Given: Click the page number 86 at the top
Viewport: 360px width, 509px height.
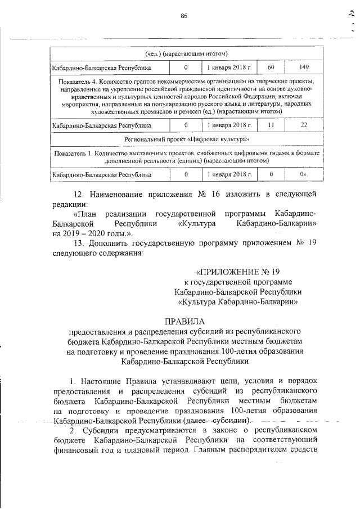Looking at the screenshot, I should click(x=183, y=15).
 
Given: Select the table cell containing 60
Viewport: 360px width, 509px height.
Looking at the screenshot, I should click(x=271, y=67).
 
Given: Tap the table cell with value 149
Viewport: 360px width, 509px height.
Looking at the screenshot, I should click(x=304, y=67).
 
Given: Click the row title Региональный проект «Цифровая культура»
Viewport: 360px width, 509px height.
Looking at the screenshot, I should click(x=186, y=139).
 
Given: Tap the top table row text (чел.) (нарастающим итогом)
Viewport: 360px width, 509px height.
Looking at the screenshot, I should click(x=186, y=54).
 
